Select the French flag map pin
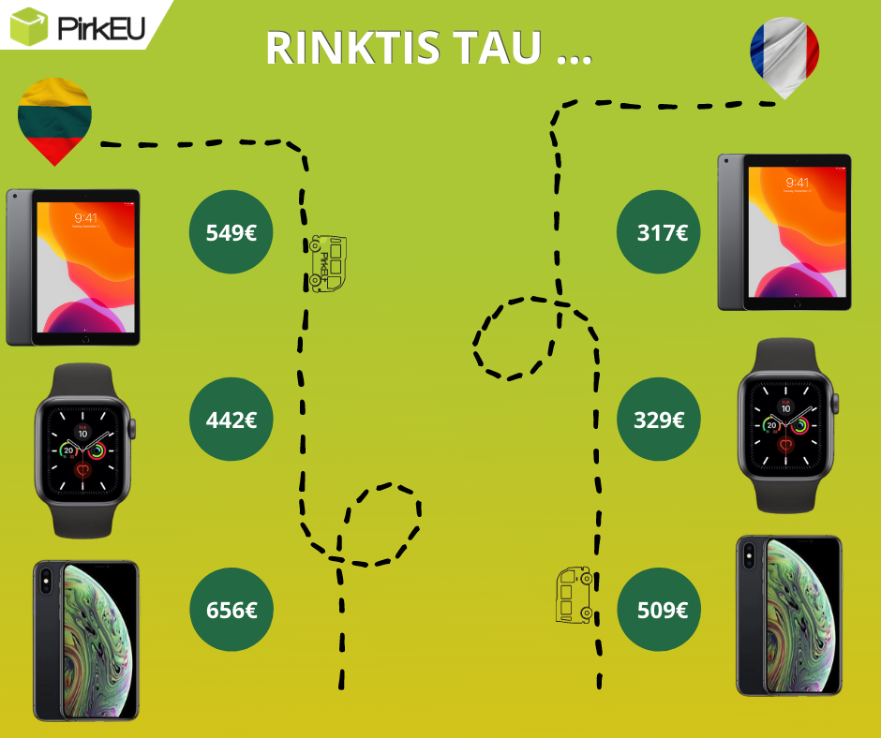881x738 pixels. (x=784, y=54)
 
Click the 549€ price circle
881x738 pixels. (x=231, y=232)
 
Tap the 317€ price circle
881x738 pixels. (x=659, y=232)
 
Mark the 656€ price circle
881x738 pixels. (x=231, y=610)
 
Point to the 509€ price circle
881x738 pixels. (x=659, y=610)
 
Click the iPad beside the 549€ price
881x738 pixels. (x=73, y=267)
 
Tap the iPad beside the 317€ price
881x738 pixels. (x=784, y=232)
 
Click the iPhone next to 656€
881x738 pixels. (x=85, y=641)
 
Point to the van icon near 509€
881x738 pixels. (x=574, y=595)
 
